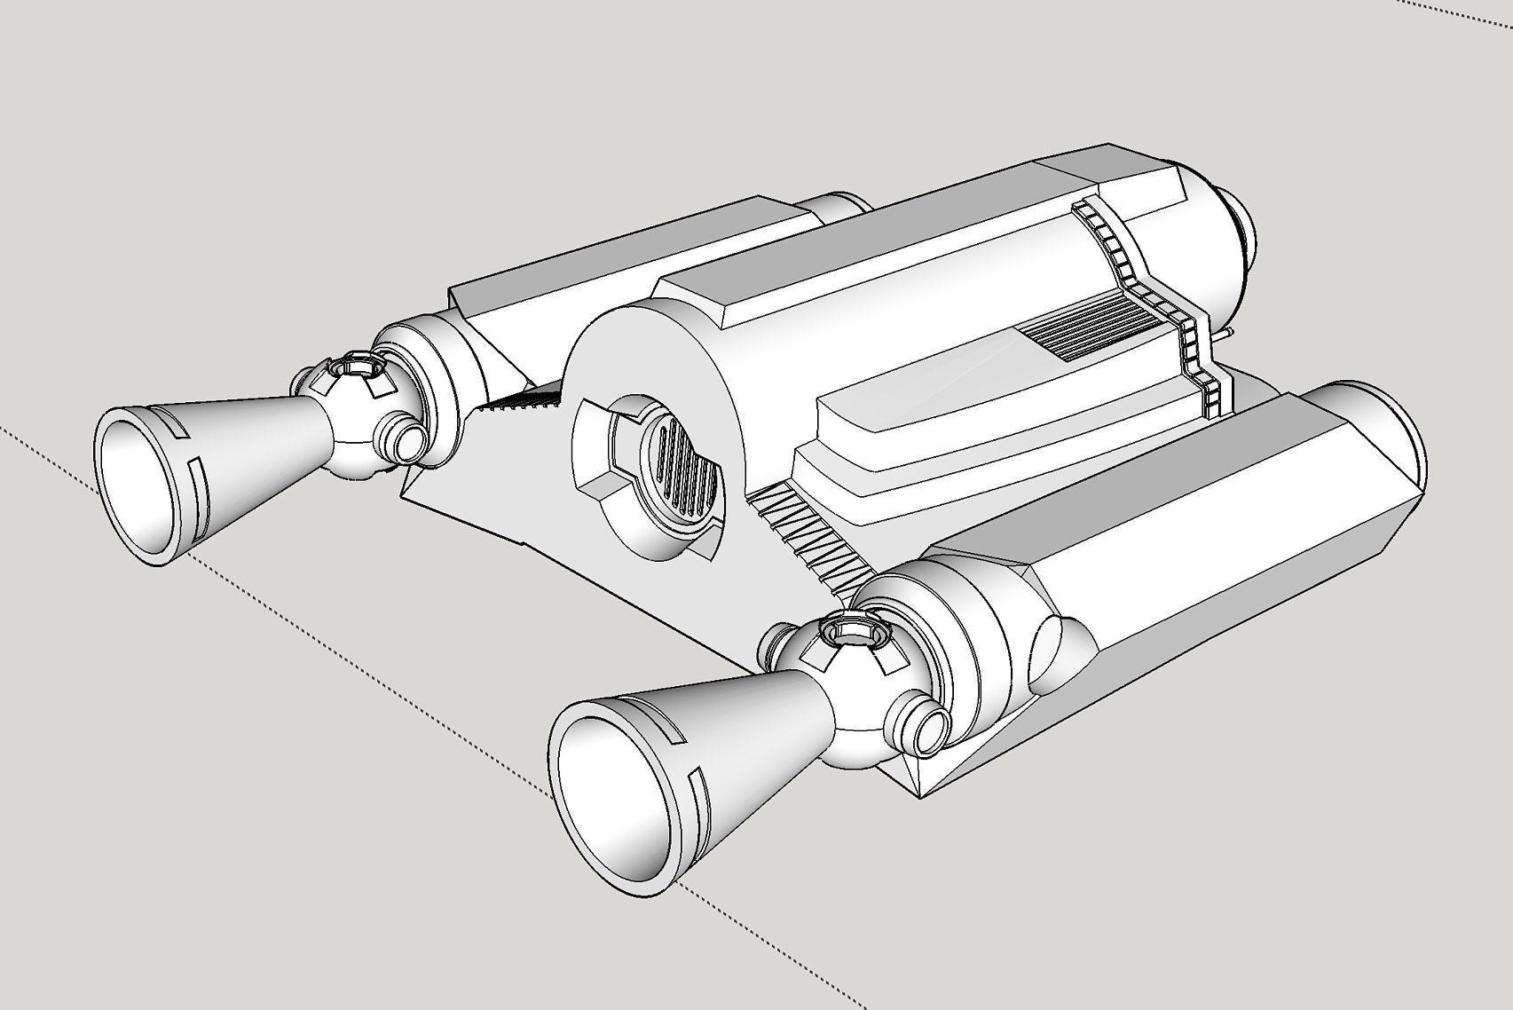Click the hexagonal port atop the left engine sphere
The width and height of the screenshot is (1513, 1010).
(357, 364)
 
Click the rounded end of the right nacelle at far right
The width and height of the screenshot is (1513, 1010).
(1393, 453)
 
